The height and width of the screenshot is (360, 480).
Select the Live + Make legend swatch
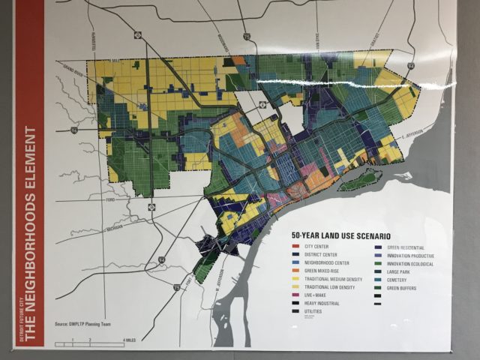click(x=295, y=295)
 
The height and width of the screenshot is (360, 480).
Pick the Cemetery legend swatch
click(x=382, y=280)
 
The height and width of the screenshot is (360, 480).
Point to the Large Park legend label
click(x=405, y=271)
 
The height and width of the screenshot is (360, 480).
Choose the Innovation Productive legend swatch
click(x=382, y=255)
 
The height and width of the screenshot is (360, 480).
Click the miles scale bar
click(x=97, y=340)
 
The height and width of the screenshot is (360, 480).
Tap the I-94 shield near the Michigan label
click(x=160, y=260)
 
